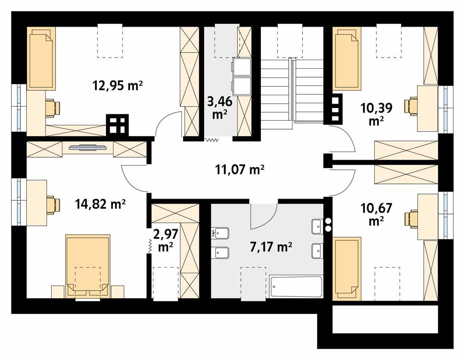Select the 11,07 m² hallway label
240,170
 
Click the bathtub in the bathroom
296,287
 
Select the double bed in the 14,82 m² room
88,265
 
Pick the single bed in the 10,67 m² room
346,269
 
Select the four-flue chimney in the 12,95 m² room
117,125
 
